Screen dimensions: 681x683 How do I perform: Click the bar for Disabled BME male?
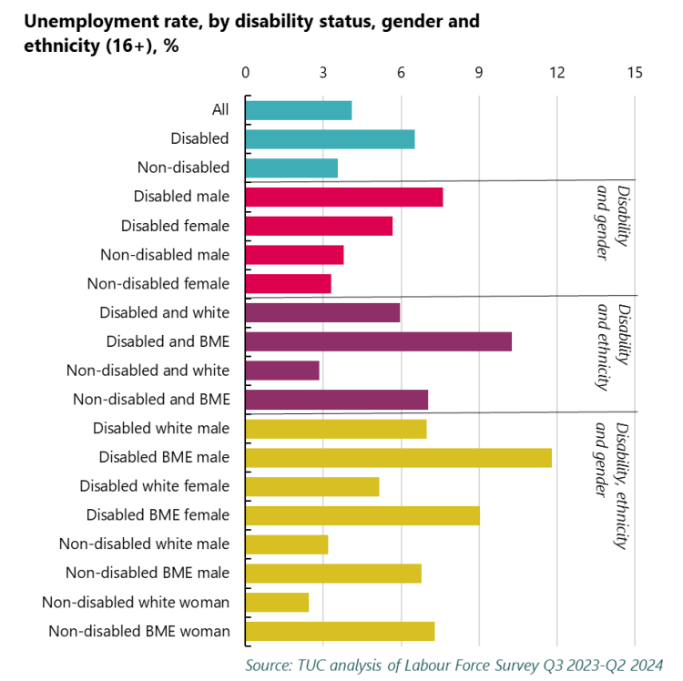[398, 457]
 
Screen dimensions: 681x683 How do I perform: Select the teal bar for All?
[298, 110]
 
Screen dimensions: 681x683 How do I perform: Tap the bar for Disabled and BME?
[378, 341]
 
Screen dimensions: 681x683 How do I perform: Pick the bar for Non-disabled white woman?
[277, 602]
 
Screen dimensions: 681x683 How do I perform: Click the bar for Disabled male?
[343, 197]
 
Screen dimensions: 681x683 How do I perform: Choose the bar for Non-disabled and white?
[282, 371]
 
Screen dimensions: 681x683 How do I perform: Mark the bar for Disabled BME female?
[362, 515]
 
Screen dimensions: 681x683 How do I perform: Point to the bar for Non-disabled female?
[288, 283]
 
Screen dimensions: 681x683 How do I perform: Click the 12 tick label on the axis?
[556, 73]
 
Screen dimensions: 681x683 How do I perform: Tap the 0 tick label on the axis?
[245, 73]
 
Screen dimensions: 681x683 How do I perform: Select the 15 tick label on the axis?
[634, 73]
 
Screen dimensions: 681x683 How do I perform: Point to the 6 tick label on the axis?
[401, 73]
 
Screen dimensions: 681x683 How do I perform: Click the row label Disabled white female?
[155, 486]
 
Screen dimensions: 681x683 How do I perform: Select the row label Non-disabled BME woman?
[139, 631]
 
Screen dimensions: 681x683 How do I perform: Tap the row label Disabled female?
[175, 226]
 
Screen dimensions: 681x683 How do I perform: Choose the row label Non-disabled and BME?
[151, 399]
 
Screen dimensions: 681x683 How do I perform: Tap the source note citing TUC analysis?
[454, 666]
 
